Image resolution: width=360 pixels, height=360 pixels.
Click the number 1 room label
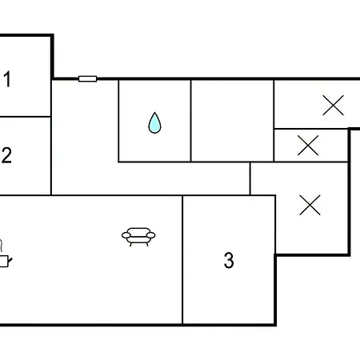7,79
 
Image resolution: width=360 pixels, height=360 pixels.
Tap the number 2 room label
6,155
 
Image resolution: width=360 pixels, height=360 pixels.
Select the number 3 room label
229,260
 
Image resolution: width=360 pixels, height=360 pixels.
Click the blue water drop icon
154,123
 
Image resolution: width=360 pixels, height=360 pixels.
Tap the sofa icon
138,237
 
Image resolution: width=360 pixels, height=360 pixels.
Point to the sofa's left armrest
126,235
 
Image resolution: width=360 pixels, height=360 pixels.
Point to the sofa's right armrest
150,235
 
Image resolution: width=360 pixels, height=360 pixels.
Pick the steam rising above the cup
1,246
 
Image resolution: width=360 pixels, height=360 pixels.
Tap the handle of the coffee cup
10,260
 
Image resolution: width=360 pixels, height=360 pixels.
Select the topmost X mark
333,106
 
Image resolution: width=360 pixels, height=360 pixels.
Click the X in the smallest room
308,146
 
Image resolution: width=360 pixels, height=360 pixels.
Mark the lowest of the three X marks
310,205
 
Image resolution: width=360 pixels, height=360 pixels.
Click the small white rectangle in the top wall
88,79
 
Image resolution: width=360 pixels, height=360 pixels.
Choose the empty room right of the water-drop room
232,121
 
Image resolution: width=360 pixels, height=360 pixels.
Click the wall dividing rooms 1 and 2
26,117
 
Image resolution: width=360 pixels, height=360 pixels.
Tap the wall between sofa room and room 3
182,260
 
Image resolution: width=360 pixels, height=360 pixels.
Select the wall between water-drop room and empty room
191,121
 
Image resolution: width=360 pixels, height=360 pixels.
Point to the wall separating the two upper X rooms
311,129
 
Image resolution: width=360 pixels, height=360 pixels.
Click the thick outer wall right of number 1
53,57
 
